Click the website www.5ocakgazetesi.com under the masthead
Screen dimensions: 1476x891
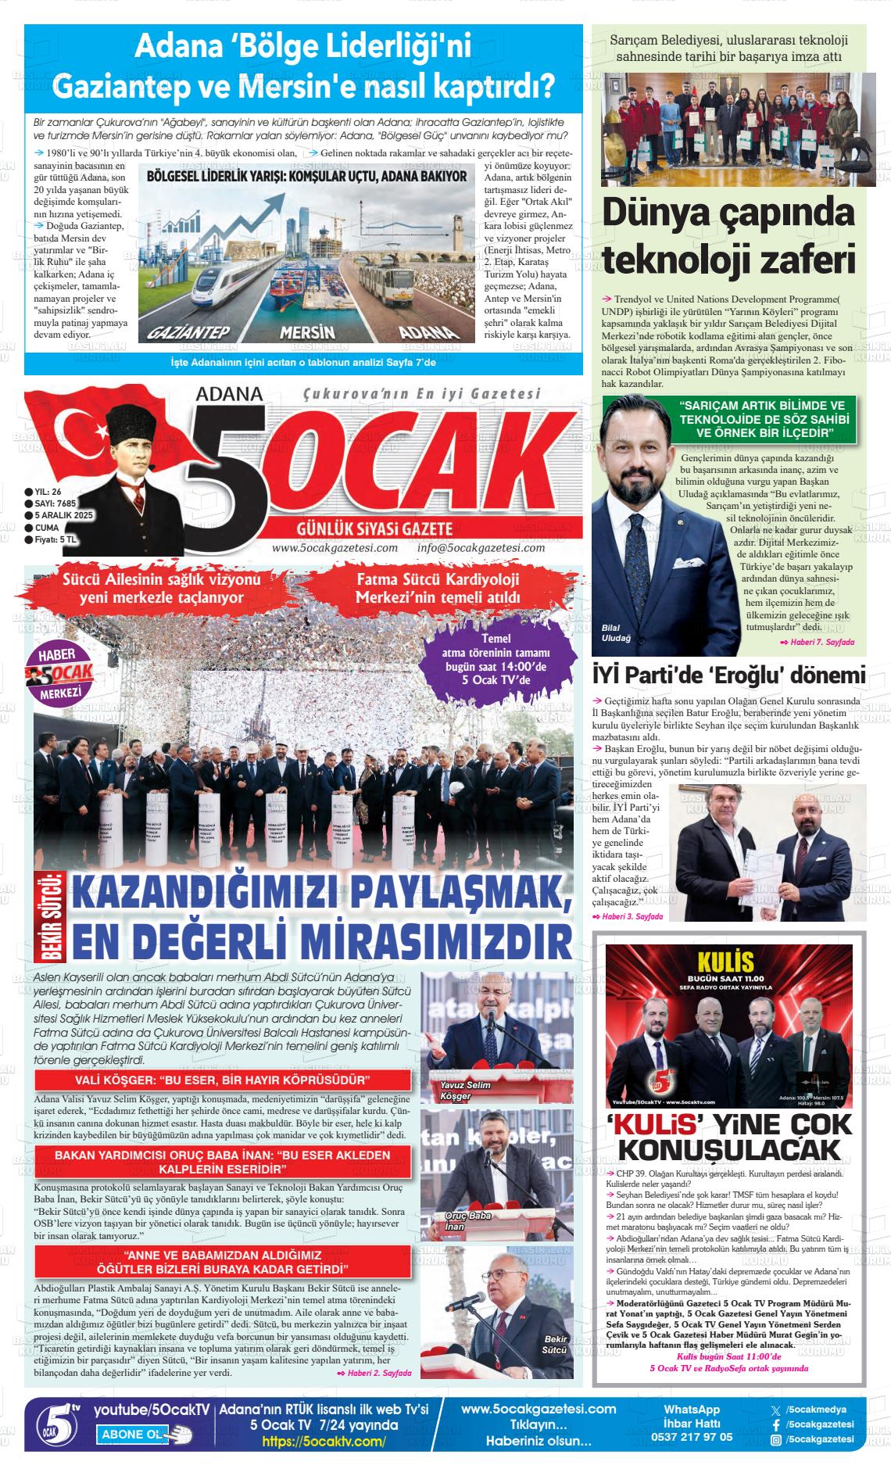(335, 548)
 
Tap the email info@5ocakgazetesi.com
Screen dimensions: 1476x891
(481, 548)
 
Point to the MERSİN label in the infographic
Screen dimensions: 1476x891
(307, 331)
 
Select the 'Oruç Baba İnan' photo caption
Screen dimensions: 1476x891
(467, 1221)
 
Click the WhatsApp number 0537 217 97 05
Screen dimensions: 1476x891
(691, 1437)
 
